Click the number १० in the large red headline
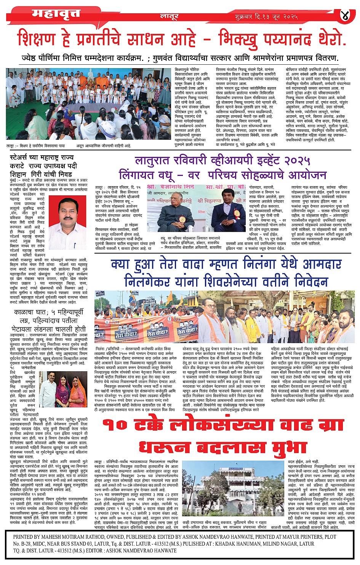[116, 425]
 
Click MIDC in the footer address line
[43, 544]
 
